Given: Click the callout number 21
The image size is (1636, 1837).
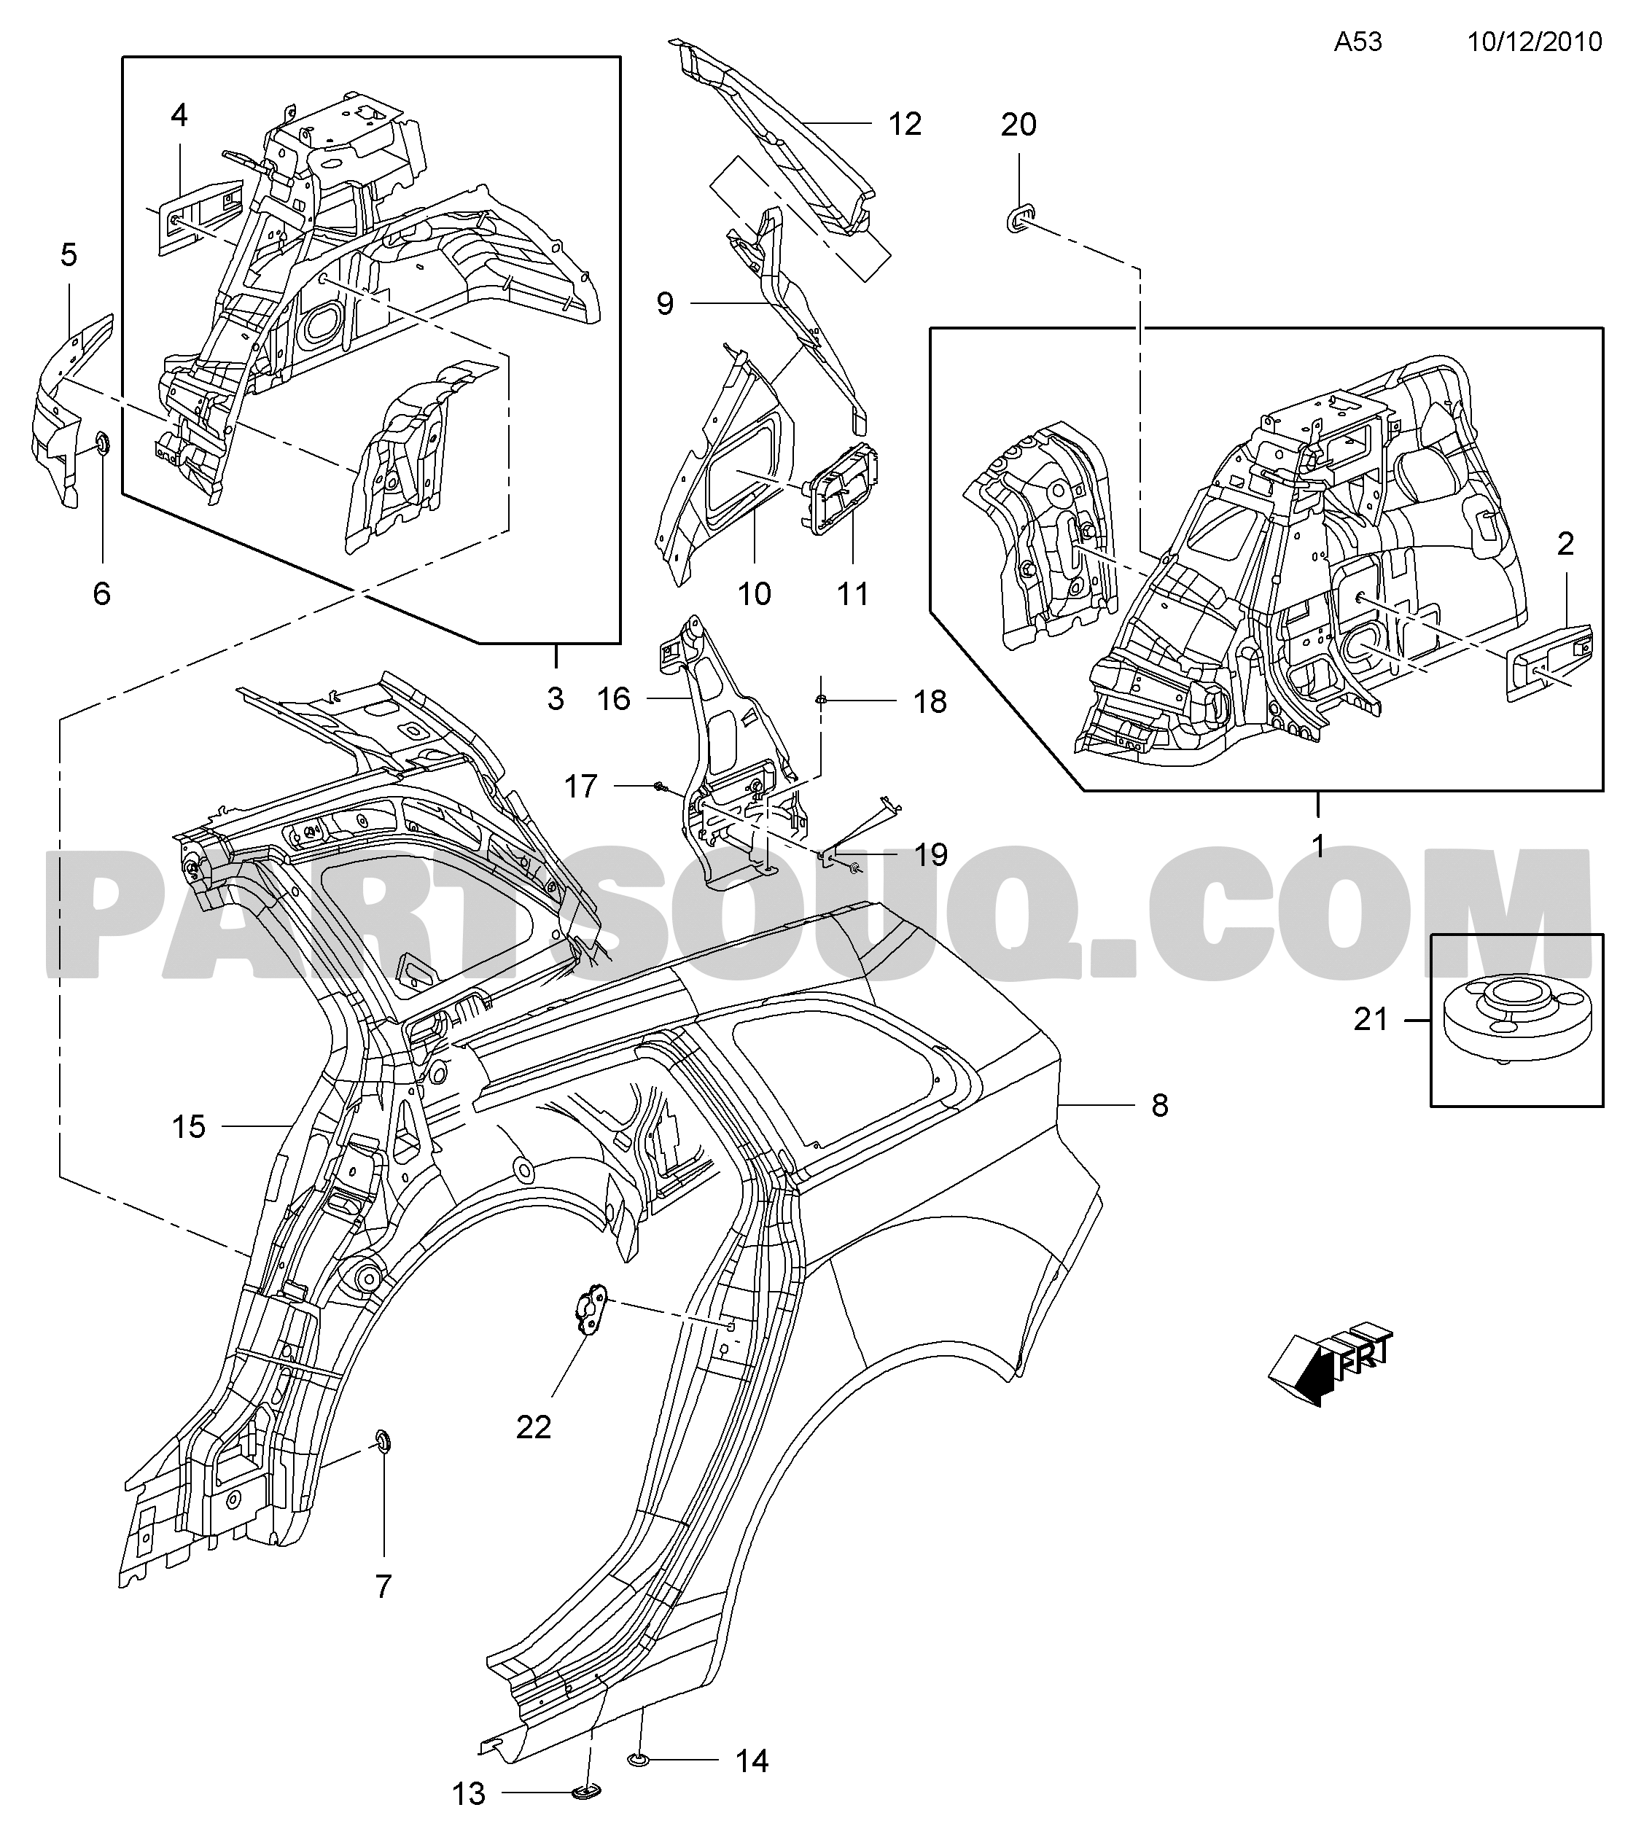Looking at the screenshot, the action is coord(1371,1019).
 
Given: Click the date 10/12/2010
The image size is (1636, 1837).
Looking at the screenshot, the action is coord(1535,42).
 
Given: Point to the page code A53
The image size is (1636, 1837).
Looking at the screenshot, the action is coord(1358,42).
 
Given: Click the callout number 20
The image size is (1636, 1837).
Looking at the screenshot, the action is coord(1018,125).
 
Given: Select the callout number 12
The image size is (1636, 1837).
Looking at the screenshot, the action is coord(905,124).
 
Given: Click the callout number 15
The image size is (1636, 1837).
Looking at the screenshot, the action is coord(189,1126).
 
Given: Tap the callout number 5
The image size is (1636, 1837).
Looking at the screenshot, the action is coord(69,255).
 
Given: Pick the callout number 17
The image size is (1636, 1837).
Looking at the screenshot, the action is coord(580,787).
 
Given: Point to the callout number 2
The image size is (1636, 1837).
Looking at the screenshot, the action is coord(1566,543).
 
